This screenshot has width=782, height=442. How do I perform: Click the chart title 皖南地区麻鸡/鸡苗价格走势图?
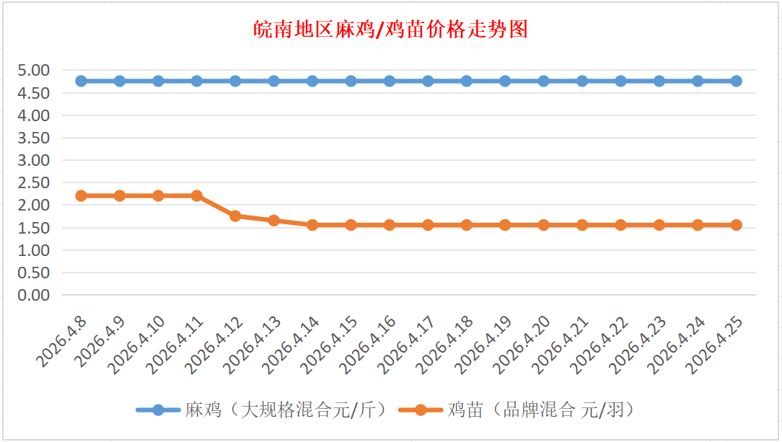(391, 30)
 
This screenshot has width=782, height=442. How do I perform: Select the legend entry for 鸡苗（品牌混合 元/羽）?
(541, 410)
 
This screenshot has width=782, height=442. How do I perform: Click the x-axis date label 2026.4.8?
(62, 340)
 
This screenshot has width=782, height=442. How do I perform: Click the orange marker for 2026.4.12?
(235, 216)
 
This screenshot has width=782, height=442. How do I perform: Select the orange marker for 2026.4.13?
(274, 221)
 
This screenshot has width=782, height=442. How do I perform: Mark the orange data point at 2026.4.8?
(82, 195)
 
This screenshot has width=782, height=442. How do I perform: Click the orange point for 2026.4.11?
(197, 195)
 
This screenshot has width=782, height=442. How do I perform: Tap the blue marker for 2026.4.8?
(82, 81)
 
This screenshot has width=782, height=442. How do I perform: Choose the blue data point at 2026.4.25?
(736, 81)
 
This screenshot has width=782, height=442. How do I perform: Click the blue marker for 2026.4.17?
(428, 81)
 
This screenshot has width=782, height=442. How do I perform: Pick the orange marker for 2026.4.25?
(736, 225)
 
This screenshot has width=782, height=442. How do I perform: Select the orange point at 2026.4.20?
(543, 225)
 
